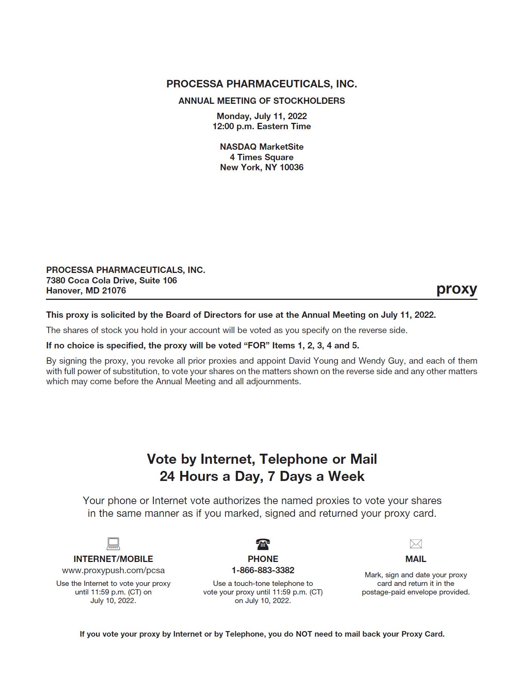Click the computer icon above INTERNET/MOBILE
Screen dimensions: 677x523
click(113, 543)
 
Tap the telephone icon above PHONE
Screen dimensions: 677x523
click(263, 544)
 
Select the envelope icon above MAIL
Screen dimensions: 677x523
click(415, 544)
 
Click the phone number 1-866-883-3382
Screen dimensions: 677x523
click(263, 570)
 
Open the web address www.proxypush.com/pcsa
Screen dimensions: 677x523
click(113, 570)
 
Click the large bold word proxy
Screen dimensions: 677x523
click(457, 289)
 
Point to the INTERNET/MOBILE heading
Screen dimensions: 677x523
click(113, 559)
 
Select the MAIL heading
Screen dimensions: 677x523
click(415, 559)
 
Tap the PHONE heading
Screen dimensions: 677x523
click(263, 559)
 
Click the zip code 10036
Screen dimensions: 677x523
click(292, 167)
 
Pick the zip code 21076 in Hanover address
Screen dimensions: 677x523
click(114, 291)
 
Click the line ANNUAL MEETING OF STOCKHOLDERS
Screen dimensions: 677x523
click(261, 101)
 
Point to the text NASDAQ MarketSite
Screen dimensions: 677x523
click(261, 147)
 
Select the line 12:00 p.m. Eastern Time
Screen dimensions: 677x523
click(261, 126)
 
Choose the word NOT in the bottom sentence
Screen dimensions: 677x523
click(304, 634)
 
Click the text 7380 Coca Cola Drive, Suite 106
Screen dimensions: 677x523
click(111, 280)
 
